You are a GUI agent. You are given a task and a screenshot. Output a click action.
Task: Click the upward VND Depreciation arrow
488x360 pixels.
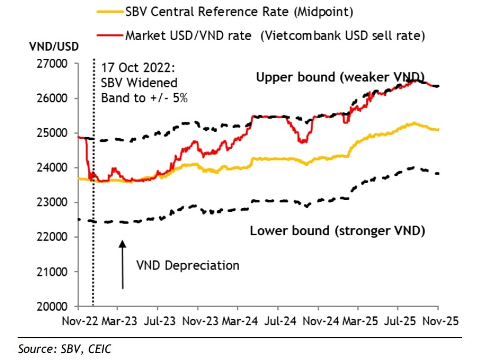[x=122, y=264]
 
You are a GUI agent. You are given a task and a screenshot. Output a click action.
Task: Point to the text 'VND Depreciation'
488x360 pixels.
[x=188, y=265]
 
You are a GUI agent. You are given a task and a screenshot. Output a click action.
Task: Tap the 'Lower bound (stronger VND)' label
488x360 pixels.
[x=337, y=231]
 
